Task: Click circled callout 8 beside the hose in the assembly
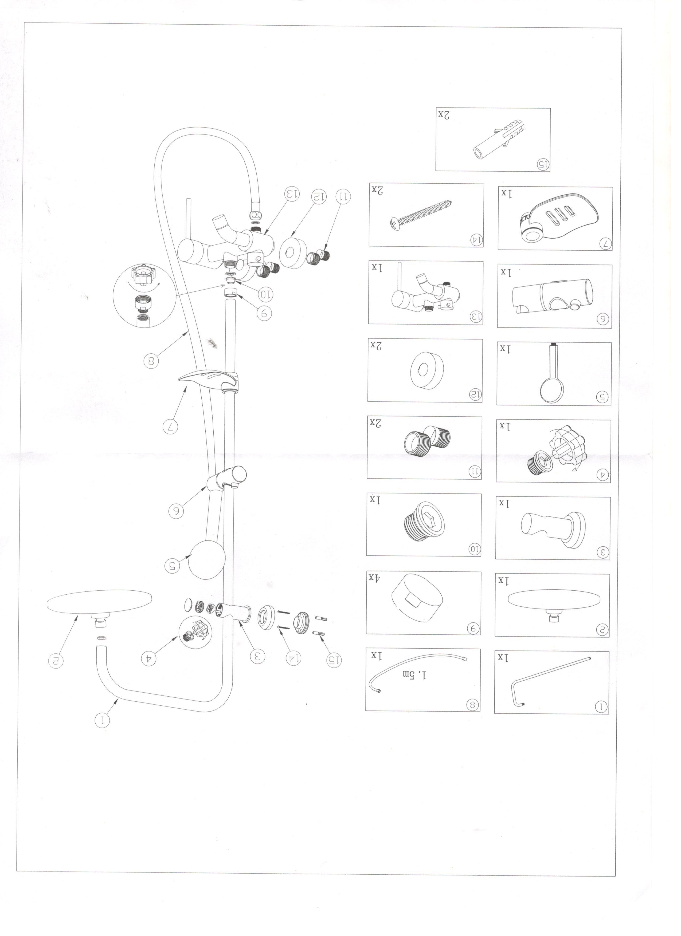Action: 151,362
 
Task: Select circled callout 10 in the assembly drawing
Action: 265,294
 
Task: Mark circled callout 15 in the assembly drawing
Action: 335,660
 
